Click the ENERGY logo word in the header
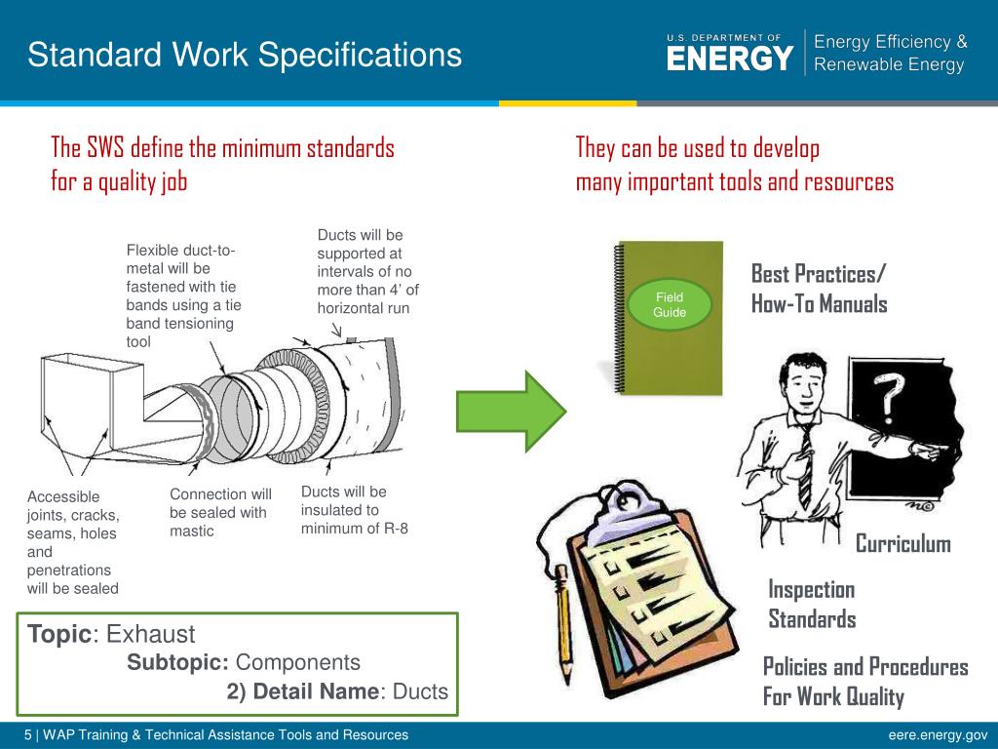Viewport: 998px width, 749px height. tap(730, 59)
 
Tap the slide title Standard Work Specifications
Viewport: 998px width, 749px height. tap(245, 55)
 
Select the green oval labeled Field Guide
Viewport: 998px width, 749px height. tap(670, 304)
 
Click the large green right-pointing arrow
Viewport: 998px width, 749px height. tap(511, 410)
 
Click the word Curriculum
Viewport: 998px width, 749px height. tap(902, 543)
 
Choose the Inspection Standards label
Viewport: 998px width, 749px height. tap(812, 604)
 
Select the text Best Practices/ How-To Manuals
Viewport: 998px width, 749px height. tap(819, 289)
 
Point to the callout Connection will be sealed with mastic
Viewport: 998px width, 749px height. tap(220, 512)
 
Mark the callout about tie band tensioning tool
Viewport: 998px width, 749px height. tap(184, 296)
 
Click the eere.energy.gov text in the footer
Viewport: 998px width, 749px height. tap(938, 735)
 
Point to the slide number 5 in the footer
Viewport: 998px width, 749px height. tap(28, 735)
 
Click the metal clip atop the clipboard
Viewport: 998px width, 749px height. tap(620, 511)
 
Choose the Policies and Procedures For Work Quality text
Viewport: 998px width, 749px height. tap(864, 682)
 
